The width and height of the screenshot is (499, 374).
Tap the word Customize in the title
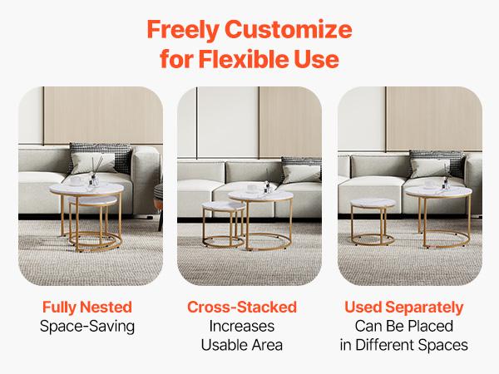[291, 32]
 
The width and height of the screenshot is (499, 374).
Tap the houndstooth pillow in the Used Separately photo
[433, 162]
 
